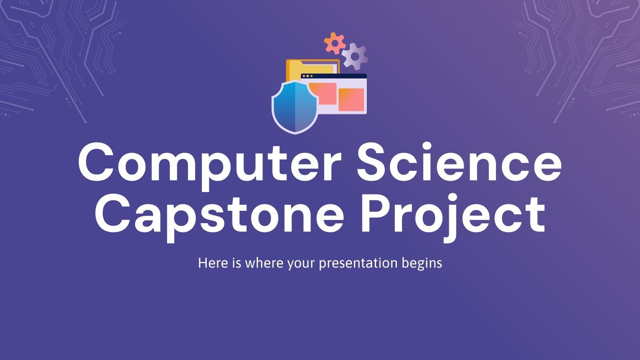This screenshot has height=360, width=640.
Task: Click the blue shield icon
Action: (295, 107)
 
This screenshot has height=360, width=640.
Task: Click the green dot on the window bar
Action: (312, 76)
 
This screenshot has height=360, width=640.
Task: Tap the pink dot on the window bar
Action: (304, 76)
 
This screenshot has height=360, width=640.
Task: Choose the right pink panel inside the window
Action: (351, 100)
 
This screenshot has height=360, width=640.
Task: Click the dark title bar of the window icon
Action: (340, 76)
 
